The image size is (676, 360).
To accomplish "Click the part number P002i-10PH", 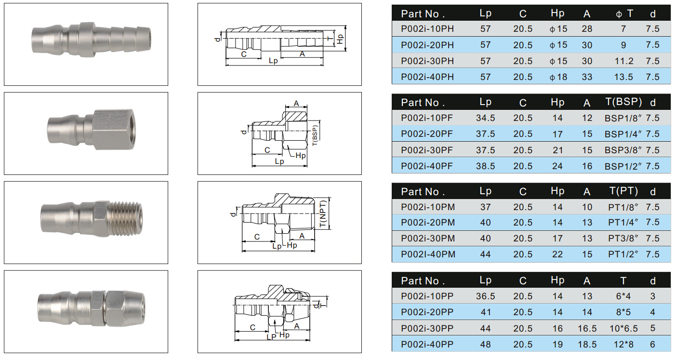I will pos(427,29).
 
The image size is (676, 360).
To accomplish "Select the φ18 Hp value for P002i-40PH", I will pos(558,77).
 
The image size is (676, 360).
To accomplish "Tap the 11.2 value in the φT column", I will pos(623,61).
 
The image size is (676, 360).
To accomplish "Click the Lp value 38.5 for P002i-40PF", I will pos(485,166).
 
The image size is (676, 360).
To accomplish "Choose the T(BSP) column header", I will pos(623,102).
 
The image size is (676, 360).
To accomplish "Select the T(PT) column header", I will pos(623,191).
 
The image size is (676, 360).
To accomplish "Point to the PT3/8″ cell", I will pos(623,239).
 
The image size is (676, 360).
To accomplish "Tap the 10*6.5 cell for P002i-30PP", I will pos(623,329).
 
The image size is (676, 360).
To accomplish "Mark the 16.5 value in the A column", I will pos(587,329).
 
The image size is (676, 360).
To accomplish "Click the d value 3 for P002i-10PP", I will pos(652,296).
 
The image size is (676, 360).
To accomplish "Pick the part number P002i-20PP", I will pos(427,312).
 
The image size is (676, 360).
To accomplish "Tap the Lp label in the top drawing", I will pos(273,61).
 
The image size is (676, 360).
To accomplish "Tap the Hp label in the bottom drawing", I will pos(284,335).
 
